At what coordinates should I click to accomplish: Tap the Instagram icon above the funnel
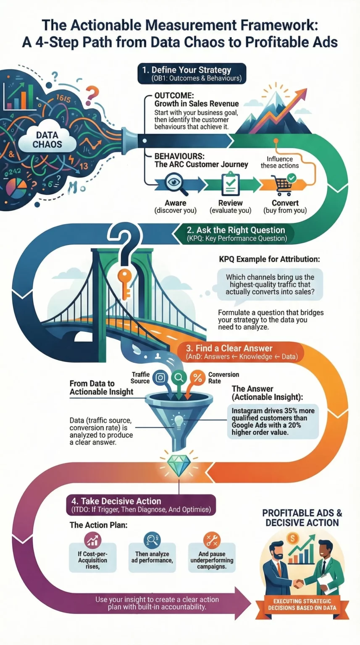click(160, 378)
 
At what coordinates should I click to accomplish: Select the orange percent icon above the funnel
click(197, 378)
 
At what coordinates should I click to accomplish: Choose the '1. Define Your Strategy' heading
click(191, 70)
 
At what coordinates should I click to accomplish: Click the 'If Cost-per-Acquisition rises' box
click(92, 557)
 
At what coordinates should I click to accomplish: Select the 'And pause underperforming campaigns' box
click(211, 557)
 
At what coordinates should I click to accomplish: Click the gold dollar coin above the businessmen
click(293, 538)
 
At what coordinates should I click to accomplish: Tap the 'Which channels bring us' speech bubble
click(270, 284)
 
